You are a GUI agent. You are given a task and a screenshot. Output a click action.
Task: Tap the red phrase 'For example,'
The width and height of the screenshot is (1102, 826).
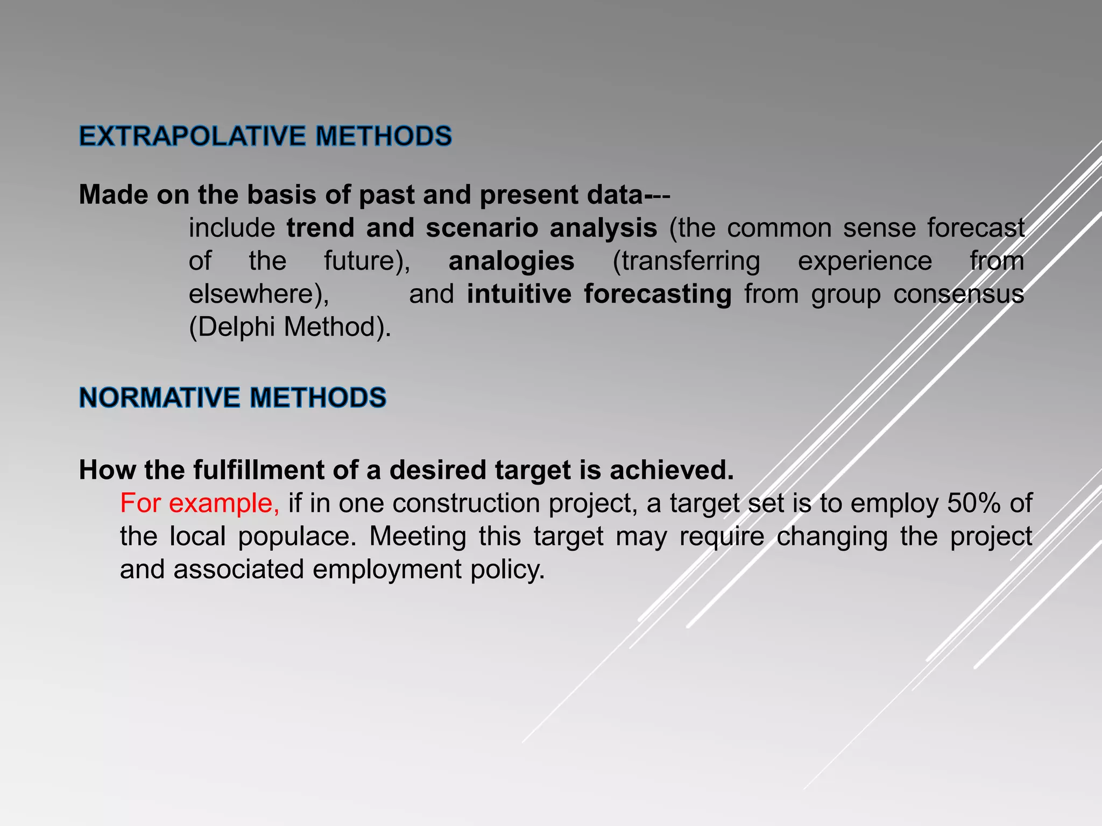[x=200, y=504]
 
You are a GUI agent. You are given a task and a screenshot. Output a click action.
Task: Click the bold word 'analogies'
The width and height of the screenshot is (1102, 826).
[x=511, y=262]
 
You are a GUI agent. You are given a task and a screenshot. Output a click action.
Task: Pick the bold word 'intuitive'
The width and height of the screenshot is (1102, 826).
[x=519, y=295]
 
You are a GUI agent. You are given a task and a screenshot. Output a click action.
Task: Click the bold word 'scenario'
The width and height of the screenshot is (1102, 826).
[x=482, y=229]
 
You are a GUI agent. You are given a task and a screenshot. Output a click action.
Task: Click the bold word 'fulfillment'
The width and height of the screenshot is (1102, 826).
[x=259, y=471]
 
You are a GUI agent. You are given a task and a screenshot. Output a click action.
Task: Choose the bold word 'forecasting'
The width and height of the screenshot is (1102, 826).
[x=658, y=295]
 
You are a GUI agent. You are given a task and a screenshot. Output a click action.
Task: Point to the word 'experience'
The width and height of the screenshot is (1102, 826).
[x=865, y=262]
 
